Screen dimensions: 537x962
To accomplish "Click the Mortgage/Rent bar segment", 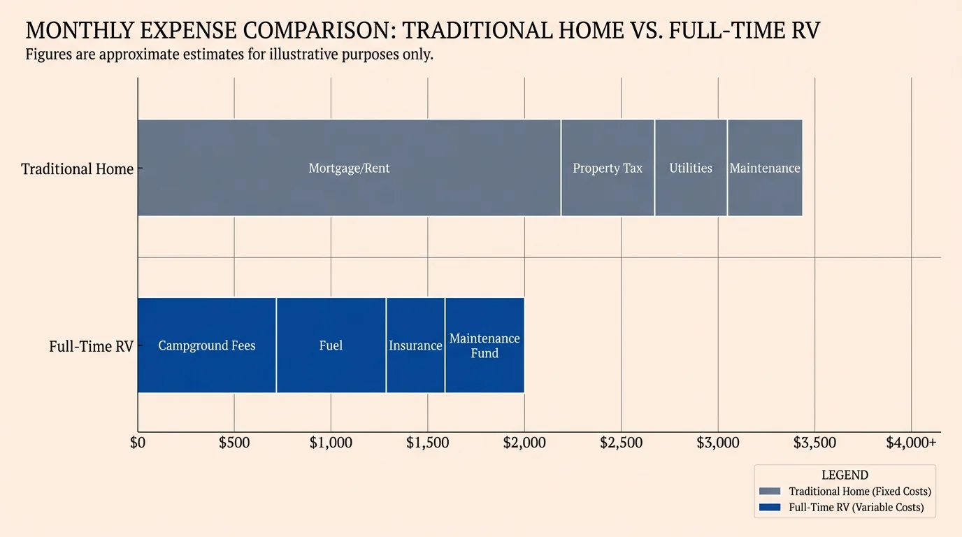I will (349, 168).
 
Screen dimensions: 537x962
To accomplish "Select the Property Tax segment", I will (608, 168).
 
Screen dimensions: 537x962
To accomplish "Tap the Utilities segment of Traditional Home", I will (691, 168).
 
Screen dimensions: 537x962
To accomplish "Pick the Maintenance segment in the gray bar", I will (765, 168).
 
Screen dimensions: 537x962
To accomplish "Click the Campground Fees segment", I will (207, 345).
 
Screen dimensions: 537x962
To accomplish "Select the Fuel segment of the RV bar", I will (331, 345).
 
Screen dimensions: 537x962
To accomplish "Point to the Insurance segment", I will (415, 345).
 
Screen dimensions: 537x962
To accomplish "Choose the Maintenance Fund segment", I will (484, 345).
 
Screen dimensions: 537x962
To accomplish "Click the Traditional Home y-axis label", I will (77, 169).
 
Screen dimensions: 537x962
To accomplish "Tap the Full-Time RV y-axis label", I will (91, 346).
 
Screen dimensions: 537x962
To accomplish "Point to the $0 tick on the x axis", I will (138, 443).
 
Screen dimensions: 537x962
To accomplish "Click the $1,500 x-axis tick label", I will (427, 443).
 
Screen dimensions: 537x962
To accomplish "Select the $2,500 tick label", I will (621, 443).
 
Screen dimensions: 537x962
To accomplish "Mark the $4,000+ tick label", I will (911, 443).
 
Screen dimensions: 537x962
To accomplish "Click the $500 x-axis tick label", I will (234, 443).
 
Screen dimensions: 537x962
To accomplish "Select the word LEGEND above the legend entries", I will (845, 475).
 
